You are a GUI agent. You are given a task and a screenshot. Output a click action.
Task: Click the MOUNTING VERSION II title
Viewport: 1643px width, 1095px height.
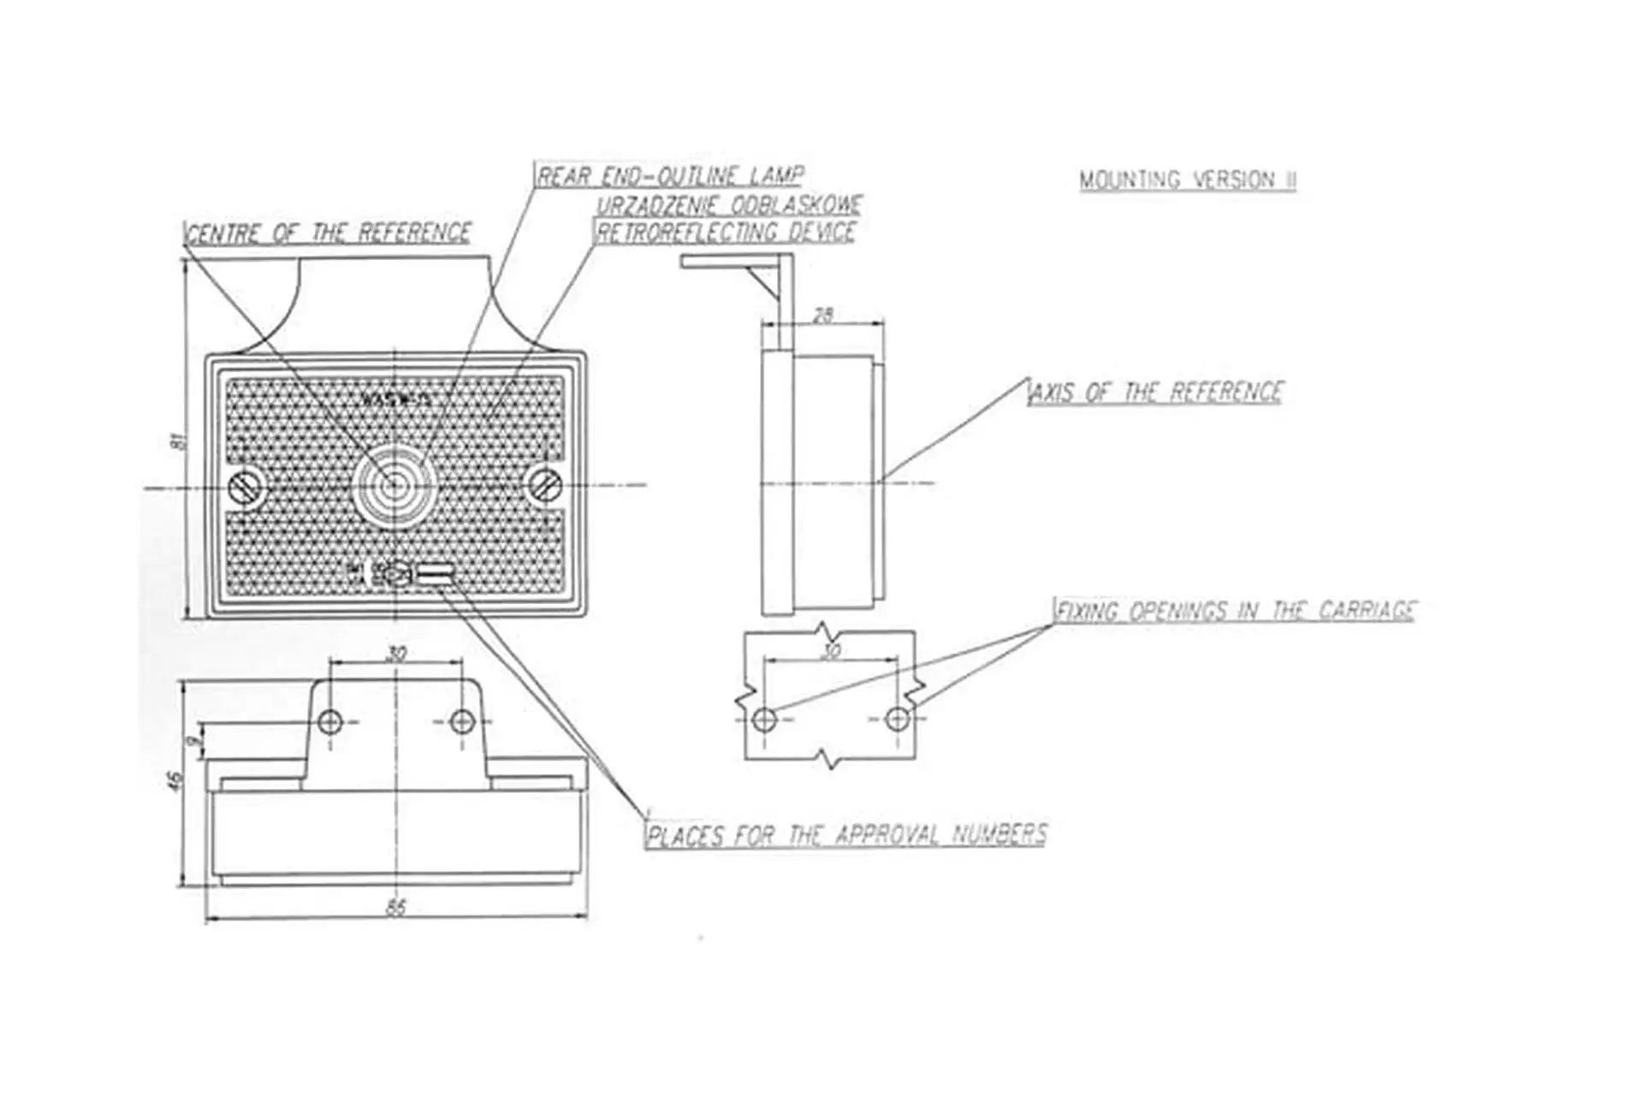(1187, 181)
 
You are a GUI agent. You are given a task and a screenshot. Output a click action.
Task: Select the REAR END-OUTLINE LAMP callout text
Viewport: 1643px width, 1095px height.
(670, 176)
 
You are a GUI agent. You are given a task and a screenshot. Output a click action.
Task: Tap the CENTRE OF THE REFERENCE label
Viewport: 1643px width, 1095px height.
(329, 233)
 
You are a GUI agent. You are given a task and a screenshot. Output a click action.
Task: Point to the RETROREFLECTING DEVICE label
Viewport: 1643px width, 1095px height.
(726, 232)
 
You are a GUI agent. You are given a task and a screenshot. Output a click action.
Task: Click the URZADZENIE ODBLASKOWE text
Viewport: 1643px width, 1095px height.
(729, 205)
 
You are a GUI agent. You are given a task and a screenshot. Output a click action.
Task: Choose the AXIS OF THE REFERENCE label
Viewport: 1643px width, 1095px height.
(1156, 393)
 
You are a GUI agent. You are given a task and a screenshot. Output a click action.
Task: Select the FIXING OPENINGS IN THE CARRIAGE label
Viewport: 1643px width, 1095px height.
(1236, 611)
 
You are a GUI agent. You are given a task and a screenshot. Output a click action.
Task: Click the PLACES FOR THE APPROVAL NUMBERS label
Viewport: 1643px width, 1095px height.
(846, 834)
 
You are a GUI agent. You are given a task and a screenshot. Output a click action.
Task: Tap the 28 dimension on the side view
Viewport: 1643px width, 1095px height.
(822, 315)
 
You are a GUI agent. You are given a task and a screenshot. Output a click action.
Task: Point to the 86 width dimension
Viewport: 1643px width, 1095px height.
(396, 908)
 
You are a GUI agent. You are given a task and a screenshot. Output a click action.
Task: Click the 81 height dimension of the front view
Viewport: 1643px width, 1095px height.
(177, 441)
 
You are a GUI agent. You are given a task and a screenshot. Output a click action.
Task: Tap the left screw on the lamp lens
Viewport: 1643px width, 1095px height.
(244, 487)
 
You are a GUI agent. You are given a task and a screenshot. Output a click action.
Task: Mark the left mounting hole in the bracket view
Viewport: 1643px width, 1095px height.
(330, 722)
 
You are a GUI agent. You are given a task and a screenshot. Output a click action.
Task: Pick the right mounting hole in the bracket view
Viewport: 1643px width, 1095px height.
(462, 721)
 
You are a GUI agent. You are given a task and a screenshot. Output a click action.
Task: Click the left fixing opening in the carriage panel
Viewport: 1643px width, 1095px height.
(764, 719)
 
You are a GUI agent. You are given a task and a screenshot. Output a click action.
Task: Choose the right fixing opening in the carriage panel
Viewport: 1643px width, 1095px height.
(897, 719)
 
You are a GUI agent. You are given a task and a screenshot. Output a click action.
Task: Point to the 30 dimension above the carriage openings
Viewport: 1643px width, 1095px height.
(830, 651)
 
